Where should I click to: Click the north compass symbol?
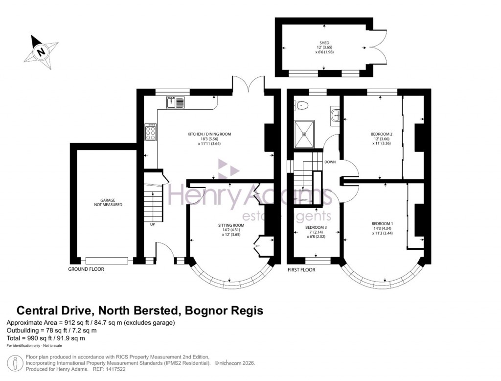click(x=41, y=50)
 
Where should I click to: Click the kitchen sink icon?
click(x=175, y=102)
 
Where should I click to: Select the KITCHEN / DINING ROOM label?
click(x=209, y=134)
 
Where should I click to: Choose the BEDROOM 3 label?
click(x=316, y=227)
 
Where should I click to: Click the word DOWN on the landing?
click(x=330, y=162)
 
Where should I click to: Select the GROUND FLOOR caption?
click(x=86, y=269)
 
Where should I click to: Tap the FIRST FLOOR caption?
click(x=301, y=270)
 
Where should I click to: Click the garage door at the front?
click(x=107, y=260)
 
